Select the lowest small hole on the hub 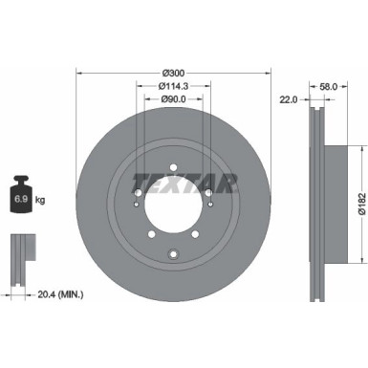(173, 253)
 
